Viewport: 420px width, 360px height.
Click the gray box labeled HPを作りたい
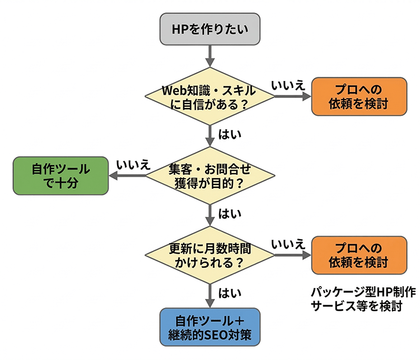pyautogui.click(x=209, y=29)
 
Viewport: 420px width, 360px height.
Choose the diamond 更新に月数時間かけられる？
pyautogui.click(x=209, y=255)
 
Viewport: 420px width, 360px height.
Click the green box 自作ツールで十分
pyautogui.click(x=61, y=175)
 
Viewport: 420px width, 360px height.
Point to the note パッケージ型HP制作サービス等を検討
pyautogui.click(x=356, y=299)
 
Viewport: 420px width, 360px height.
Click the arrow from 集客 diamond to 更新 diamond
pyautogui.click(x=209, y=214)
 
